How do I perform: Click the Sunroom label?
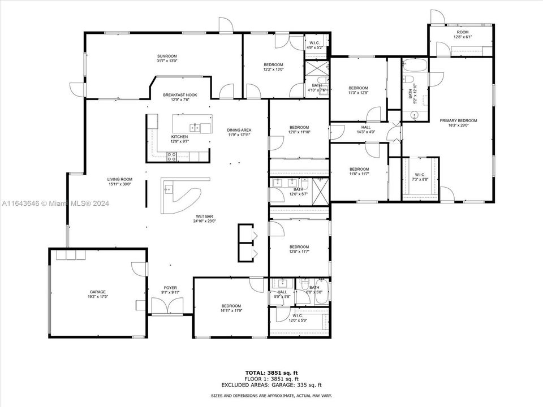(x=167, y=56)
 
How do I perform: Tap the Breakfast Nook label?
(x=180, y=95)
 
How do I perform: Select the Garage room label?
(x=97, y=292)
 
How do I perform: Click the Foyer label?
(x=170, y=288)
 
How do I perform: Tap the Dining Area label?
(x=239, y=130)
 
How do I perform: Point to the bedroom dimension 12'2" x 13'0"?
(x=273, y=70)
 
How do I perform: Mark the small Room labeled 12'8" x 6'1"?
(x=463, y=35)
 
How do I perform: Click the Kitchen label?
(x=179, y=137)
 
